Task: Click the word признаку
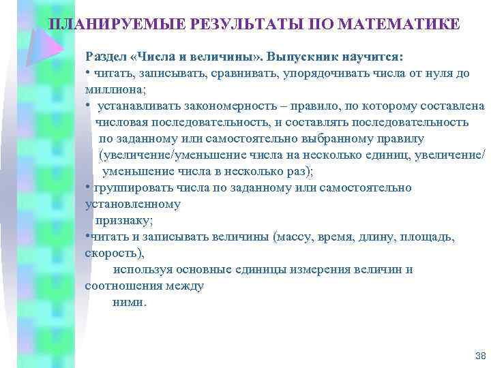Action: coord(124,220)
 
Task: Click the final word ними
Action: coord(128,302)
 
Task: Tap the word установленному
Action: coord(133,204)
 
